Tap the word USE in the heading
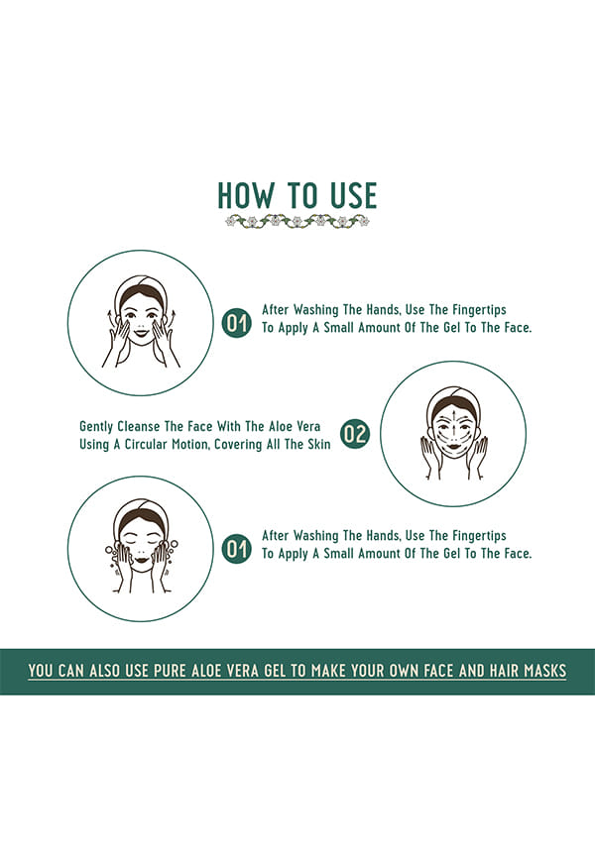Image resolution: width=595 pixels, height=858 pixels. (x=353, y=195)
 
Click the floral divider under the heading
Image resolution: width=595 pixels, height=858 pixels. (x=297, y=221)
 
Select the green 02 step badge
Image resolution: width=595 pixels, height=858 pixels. (x=355, y=435)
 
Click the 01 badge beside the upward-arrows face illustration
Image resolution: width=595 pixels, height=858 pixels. (x=237, y=323)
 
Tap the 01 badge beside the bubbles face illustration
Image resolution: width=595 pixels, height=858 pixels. (x=237, y=549)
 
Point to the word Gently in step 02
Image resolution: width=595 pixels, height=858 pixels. (x=96, y=427)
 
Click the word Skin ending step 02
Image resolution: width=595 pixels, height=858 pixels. (x=318, y=444)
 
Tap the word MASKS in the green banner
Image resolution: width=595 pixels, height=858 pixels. (x=544, y=671)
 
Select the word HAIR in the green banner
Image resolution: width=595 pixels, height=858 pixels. (x=504, y=671)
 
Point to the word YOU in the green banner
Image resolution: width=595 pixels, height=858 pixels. (x=41, y=671)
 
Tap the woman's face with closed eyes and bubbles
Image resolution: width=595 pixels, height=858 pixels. (x=142, y=546)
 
